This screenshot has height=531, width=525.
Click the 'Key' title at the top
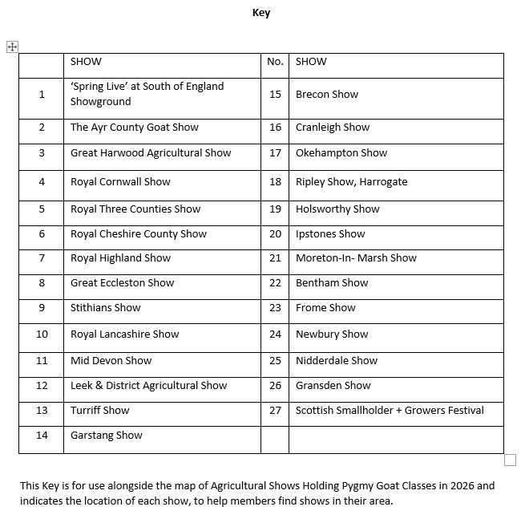point(261,12)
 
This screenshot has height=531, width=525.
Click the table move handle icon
point(12,47)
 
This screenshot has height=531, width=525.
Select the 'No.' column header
point(275,62)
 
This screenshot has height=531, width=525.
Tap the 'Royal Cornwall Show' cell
point(120,182)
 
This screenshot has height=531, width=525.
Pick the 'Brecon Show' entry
point(326,95)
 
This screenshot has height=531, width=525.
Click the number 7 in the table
point(42,258)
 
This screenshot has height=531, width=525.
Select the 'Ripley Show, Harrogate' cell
point(351,182)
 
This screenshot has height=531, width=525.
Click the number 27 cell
point(275,411)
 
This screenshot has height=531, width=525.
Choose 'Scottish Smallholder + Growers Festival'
point(390,411)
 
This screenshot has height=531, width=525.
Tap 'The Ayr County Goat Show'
point(134,128)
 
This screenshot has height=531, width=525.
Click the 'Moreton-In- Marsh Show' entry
point(356,258)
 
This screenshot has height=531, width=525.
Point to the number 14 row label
point(42,436)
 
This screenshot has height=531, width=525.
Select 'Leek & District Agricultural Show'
point(148,386)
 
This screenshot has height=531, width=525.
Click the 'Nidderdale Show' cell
point(336,361)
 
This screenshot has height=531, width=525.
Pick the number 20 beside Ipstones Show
point(275,234)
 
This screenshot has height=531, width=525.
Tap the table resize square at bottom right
point(510,460)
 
